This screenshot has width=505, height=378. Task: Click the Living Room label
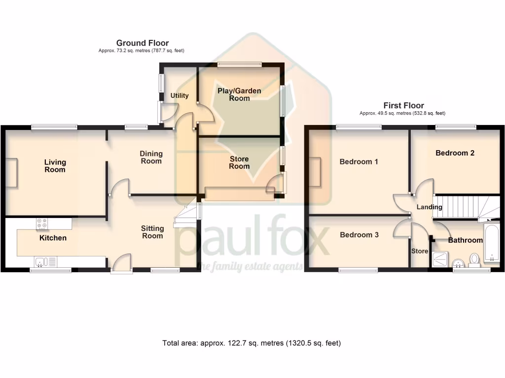pos(55,166)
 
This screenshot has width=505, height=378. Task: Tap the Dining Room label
pos(151,157)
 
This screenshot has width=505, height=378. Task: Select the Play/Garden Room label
pos(239,94)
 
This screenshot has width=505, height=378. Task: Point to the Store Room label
pos(239,162)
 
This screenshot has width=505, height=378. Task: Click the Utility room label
pos(180,95)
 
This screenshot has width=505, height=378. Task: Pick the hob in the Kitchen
pos(42,224)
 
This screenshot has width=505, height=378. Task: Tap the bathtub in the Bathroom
pos(492,244)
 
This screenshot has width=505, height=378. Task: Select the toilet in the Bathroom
pos(475,259)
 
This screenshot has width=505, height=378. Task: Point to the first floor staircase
pos(461,206)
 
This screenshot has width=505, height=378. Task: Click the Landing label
pos(429,207)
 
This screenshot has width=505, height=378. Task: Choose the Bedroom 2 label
pos(455,153)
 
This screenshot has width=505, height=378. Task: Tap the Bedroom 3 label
pos(359,235)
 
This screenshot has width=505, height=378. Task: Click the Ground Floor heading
pos(142,43)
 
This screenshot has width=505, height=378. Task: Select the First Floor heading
pos(403,105)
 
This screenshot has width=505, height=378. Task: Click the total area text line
pos(252,343)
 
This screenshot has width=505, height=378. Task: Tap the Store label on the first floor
pos(420,251)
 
